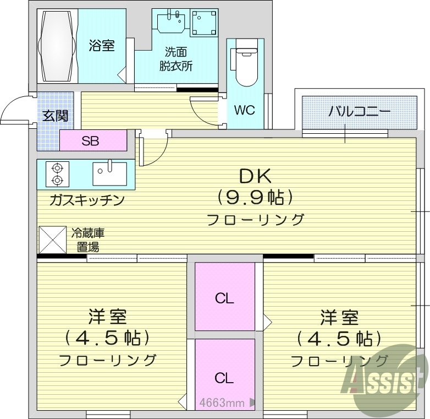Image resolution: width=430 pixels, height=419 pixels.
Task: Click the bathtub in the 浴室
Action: [57, 47]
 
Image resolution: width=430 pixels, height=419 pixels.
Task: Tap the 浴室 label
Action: [102, 46]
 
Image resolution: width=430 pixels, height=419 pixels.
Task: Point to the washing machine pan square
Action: [204, 23]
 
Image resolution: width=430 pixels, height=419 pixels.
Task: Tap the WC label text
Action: [244, 110]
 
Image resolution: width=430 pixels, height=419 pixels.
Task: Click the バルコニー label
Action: [360, 112]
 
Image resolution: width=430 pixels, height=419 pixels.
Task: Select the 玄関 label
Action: [56, 116]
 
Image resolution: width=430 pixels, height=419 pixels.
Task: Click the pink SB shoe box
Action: [91, 141]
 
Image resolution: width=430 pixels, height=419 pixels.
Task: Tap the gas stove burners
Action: [57, 173]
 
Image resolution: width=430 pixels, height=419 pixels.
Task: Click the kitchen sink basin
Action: [109, 173]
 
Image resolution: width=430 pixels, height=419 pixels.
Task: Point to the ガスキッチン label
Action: [86, 200]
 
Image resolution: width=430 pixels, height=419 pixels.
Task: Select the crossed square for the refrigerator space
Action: [52, 241]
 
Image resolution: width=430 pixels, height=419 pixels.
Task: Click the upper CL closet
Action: [224, 298]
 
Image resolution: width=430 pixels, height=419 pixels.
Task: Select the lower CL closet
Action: [224, 378]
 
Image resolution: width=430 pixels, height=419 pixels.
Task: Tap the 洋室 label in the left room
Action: [108, 318]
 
